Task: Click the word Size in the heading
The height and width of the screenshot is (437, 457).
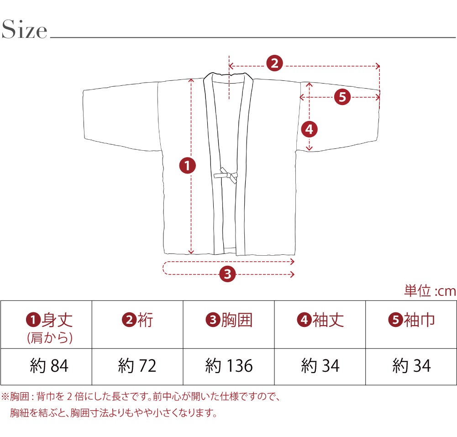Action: [x=24, y=29]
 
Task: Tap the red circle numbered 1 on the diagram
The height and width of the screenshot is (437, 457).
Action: [x=187, y=166]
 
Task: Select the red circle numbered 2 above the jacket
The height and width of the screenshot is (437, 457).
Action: [x=275, y=63]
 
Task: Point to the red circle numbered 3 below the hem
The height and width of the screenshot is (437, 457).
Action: [x=228, y=274]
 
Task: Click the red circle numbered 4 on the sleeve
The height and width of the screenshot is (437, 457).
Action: [x=309, y=129]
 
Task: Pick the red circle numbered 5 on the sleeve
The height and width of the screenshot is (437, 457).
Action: [x=342, y=97]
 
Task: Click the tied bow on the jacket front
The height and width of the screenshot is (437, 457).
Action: [x=226, y=175]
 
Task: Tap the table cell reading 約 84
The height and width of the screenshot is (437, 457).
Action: [x=49, y=366]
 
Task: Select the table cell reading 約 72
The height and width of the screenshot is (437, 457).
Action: [x=137, y=366]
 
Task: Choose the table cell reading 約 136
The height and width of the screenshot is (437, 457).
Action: [x=229, y=366]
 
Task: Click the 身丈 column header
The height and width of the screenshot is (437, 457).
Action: [x=49, y=320]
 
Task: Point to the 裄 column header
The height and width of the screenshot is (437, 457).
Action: [x=137, y=320]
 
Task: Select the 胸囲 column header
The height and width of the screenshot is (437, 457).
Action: [x=229, y=320]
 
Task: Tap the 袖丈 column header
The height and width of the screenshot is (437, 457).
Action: [x=320, y=320]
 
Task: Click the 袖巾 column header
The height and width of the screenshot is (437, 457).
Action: [x=411, y=320]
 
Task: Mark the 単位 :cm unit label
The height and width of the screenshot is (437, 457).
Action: [x=430, y=291]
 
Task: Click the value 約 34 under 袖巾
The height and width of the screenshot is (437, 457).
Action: [x=411, y=366]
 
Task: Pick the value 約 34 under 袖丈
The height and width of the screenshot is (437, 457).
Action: [x=320, y=366]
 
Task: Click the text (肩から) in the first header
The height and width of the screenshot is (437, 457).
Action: [x=50, y=338]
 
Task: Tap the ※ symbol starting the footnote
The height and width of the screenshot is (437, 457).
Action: [x=5, y=396]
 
